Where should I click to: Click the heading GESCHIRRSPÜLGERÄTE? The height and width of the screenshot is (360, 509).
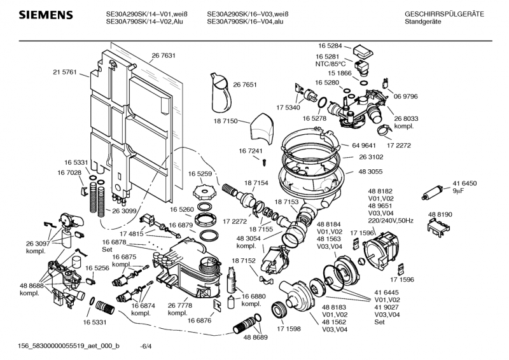443,14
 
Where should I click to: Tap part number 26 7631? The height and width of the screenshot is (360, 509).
164,56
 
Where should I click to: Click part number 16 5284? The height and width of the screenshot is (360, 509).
330,46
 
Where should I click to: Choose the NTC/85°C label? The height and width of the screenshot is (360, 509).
330,64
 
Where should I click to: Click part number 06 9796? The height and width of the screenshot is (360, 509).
406,96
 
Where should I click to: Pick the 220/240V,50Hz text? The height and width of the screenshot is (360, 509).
389,219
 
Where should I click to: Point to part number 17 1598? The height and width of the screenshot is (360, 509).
289,329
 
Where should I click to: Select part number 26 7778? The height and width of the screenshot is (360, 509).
179,305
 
